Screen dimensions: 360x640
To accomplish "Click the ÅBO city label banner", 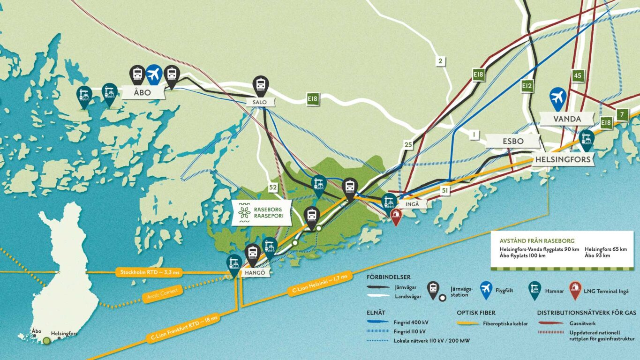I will click(143, 92).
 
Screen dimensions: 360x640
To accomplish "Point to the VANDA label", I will click(567, 119).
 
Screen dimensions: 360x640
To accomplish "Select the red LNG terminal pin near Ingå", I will click(396, 217).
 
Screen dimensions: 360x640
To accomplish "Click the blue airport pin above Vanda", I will click(557, 97).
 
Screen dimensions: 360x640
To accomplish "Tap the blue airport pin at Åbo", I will click(154, 74).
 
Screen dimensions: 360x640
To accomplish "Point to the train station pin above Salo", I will click(260, 85).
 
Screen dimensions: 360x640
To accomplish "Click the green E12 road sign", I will click(527, 86).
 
